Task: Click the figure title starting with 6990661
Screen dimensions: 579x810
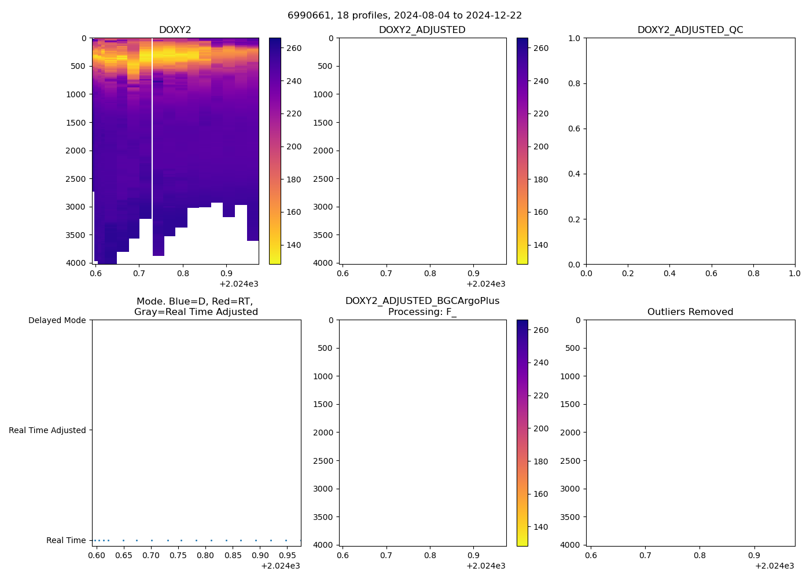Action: [x=404, y=15]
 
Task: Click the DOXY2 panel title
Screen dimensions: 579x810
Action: [x=175, y=30]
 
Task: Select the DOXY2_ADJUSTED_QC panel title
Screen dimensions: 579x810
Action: [x=690, y=30]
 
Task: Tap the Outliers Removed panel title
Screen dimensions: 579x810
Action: [x=690, y=312]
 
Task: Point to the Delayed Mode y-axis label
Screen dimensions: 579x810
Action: [x=57, y=320]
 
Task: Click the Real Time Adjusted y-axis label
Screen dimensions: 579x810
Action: [x=47, y=430]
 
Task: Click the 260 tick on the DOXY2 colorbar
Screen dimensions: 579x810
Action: [x=294, y=48]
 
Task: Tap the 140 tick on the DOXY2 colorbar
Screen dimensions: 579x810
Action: [x=294, y=245]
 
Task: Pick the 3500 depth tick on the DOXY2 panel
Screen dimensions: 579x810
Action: [x=76, y=235]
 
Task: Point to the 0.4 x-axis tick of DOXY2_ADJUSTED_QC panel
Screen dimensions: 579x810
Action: [x=669, y=273]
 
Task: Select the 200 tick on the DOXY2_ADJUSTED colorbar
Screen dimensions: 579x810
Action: [x=541, y=146]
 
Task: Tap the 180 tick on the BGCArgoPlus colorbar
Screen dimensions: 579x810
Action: [x=541, y=461]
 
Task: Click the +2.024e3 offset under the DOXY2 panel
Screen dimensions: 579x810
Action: [x=238, y=284]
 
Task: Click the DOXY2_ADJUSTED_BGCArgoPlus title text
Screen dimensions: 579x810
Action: [x=422, y=301]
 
